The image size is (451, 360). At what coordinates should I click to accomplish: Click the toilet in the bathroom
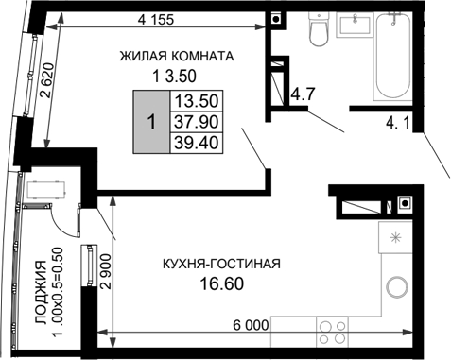[318, 34]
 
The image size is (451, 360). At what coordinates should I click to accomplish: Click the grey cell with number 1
[150, 122]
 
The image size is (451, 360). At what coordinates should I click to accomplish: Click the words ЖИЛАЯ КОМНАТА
[177, 56]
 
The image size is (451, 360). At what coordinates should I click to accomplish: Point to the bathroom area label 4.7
[303, 94]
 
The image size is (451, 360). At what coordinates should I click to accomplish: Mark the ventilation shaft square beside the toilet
[275, 19]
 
